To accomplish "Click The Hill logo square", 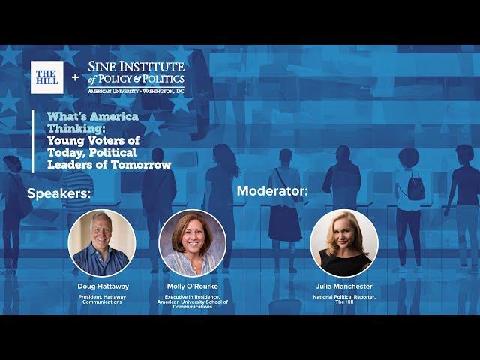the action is coord(46,77).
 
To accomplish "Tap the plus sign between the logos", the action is coord(75,77).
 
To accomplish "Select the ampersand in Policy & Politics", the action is coord(136,79).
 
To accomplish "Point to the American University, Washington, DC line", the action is coord(136,91).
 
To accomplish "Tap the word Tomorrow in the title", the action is coord(140,165).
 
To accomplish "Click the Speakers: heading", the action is coord(58,193).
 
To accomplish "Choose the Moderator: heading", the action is coord(272,191).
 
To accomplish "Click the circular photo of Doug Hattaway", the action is coord(102,243).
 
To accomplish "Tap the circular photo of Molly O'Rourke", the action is coord(193,243).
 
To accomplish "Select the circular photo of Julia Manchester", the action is coord(344,243).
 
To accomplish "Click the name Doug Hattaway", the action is coord(103,286).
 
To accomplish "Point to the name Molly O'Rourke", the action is coord(193,286).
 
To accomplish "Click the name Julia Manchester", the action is coord(344,286).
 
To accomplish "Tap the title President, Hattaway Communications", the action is coord(102,299).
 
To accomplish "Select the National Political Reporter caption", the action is coord(344,299).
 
